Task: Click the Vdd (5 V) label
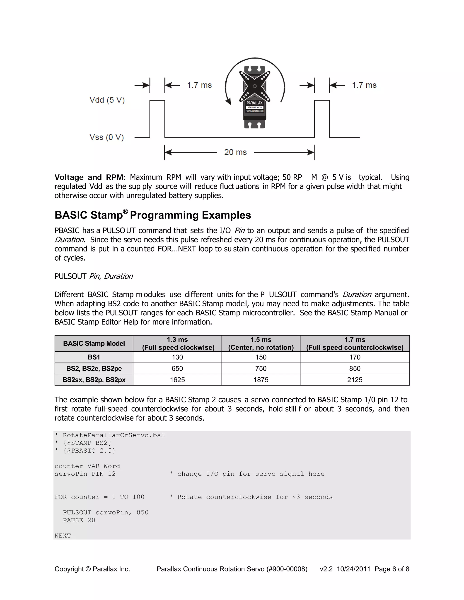pyautogui.click(x=107, y=100)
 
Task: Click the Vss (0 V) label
pyautogui.click(x=106, y=137)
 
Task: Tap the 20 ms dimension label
pyautogui.click(x=235, y=152)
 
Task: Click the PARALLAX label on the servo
pyautogui.click(x=254, y=103)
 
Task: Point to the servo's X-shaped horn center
pyautogui.click(x=254, y=86)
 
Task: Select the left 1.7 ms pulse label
pyautogui.click(x=199, y=85)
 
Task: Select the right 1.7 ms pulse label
pyautogui.click(x=364, y=85)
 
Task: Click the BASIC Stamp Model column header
pyautogui.click(x=94, y=343)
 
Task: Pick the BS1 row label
pyautogui.click(x=94, y=357)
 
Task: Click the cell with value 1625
pyautogui.click(x=177, y=380)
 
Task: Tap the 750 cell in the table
pyautogui.click(x=261, y=368)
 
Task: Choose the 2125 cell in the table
pyautogui.click(x=355, y=380)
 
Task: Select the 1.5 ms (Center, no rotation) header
pyautogui.click(x=261, y=343)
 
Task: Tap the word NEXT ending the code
pyautogui.click(x=63, y=535)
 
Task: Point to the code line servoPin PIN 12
pyautogui.click(x=85, y=474)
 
